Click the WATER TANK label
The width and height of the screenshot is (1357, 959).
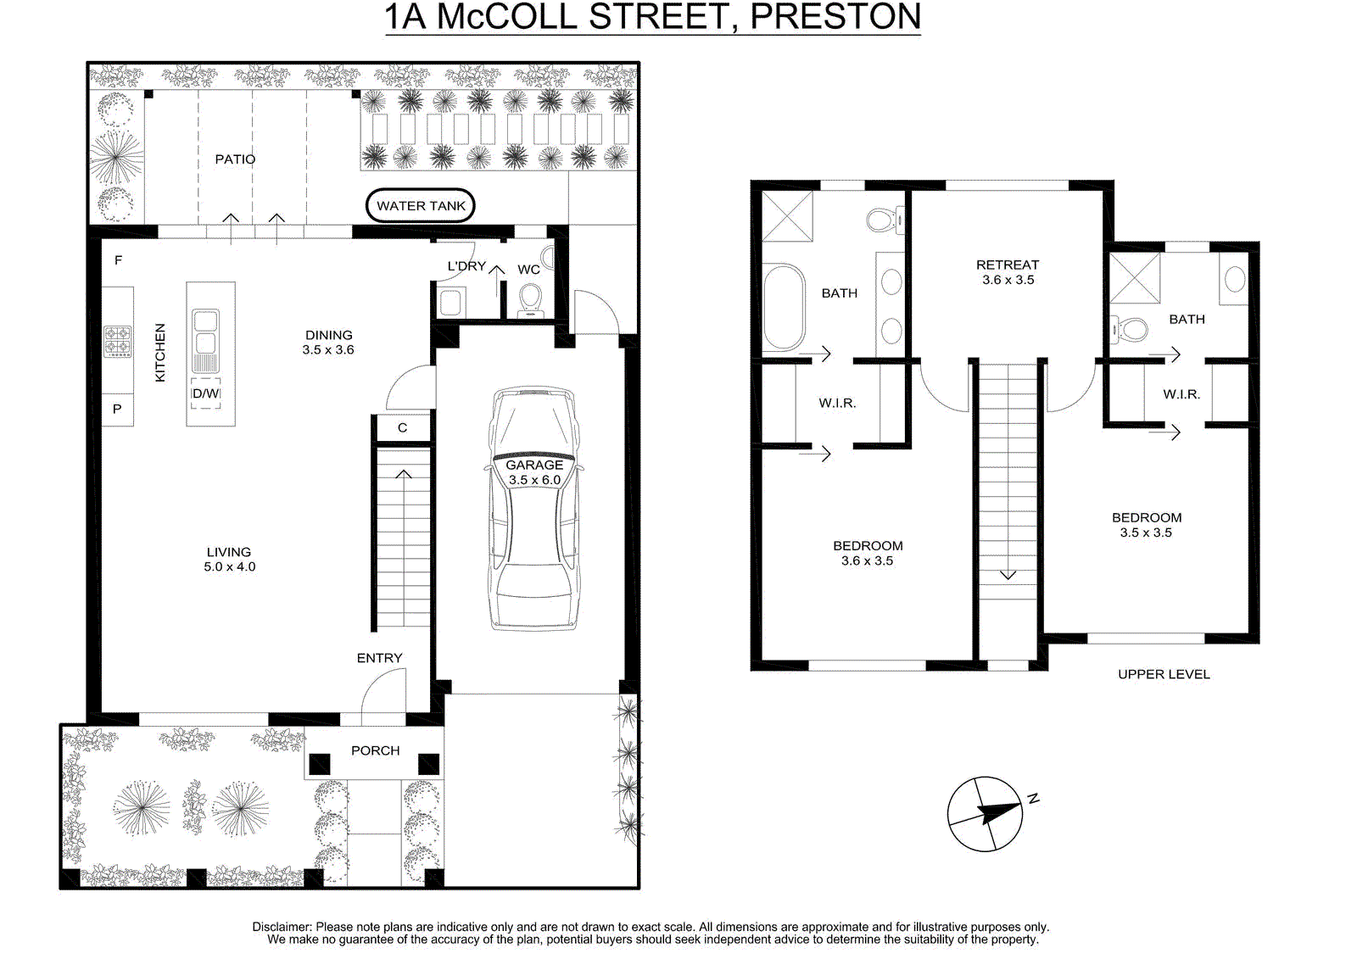pos(421,206)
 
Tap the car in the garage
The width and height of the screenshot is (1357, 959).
pos(533,509)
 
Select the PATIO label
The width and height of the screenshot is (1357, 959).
pos(235,159)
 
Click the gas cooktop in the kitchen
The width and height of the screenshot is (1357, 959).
pos(118,341)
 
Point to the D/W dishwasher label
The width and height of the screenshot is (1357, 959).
pos(205,393)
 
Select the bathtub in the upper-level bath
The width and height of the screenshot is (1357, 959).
pos(784,307)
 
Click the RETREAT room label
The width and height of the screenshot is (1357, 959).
pos(1008,265)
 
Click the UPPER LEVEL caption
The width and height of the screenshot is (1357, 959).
pos(1164,674)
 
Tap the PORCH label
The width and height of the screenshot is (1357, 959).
pos(375,750)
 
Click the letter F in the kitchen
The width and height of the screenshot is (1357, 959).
pos(118,260)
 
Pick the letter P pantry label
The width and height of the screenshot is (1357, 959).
pos(117,409)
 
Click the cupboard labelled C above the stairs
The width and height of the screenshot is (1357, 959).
pos(402,427)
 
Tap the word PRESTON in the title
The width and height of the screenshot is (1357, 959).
pos(835,17)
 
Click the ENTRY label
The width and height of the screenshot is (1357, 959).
pos(379,658)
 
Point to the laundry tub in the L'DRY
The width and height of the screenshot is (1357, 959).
pos(450,303)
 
